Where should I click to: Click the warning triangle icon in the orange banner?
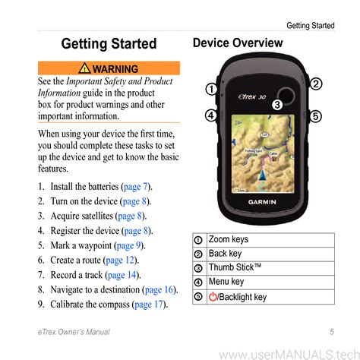[x=84, y=68]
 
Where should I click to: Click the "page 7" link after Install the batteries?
[x=135, y=187]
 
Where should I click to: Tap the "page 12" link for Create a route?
[x=120, y=261]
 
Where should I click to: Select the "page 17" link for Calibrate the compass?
[x=149, y=305]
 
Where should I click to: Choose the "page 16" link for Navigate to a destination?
[x=159, y=289]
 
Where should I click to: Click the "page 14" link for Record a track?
[x=122, y=275]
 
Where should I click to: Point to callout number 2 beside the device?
[x=316, y=84]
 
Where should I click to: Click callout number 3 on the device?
[x=277, y=105]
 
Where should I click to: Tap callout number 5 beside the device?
[x=315, y=116]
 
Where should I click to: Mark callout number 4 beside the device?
[x=211, y=115]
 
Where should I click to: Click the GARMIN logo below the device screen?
[x=262, y=202]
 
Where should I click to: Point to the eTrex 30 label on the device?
[x=252, y=96]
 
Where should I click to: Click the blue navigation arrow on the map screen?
[x=263, y=175]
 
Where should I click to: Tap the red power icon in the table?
[x=213, y=297]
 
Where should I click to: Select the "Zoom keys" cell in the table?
[x=270, y=240]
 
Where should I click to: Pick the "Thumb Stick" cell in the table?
[x=270, y=268]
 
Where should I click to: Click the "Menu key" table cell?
[x=270, y=283]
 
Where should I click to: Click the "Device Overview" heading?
[x=238, y=43]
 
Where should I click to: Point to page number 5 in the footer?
[x=332, y=332]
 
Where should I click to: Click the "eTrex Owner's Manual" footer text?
[x=74, y=332]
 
